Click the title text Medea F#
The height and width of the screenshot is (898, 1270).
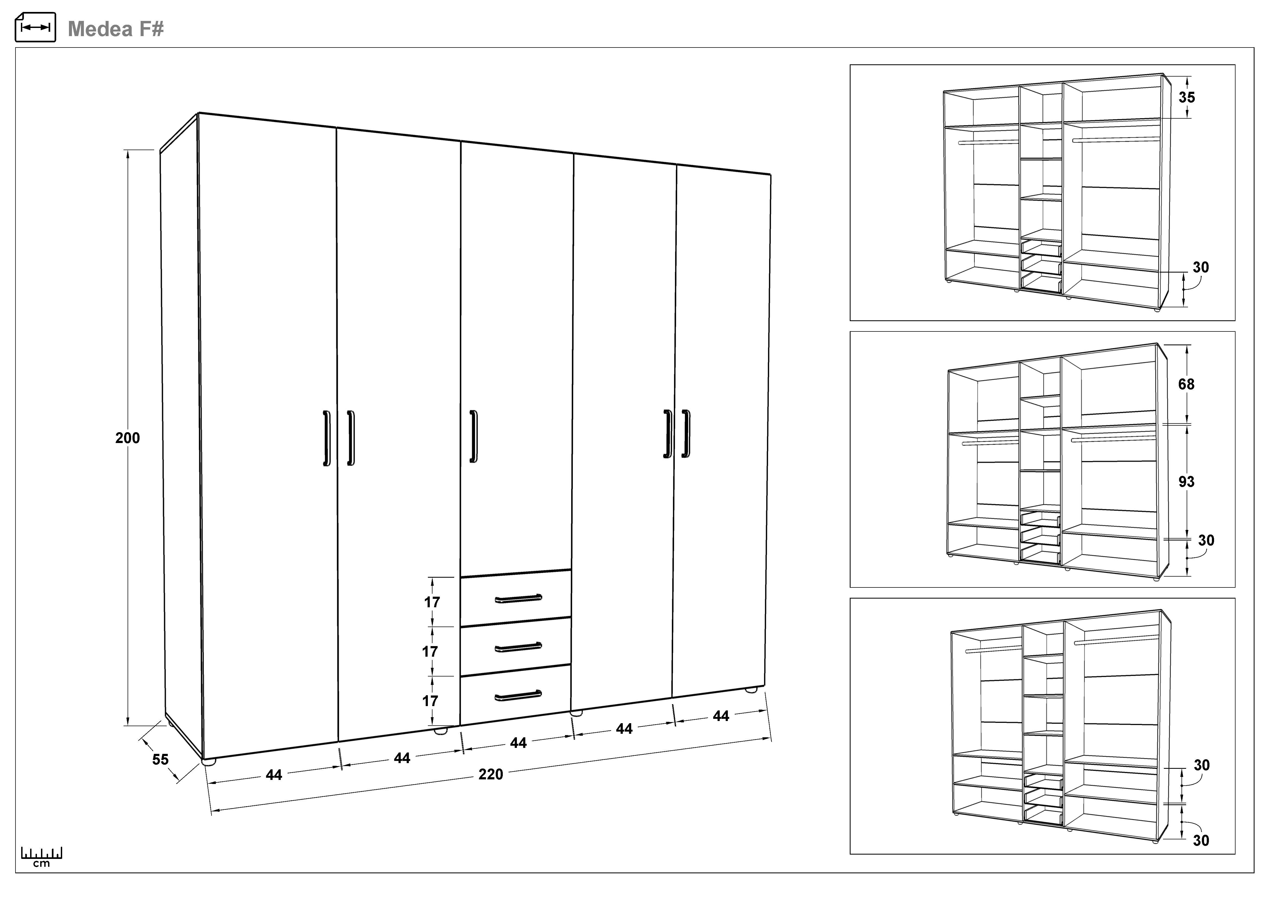pyautogui.click(x=116, y=29)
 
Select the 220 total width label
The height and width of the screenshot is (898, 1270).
pyautogui.click(x=491, y=774)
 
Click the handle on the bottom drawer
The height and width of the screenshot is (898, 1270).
pyautogui.click(x=518, y=695)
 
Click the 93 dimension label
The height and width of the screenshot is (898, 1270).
pyautogui.click(x=1186, y=482)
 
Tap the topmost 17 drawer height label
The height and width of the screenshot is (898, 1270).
pyautogui.click(x=432, y=602)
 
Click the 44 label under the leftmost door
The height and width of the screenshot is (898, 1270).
pyautogui.click(x=274, y=775)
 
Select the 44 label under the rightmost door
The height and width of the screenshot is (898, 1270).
pyautogui.click(x=721, y=716)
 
